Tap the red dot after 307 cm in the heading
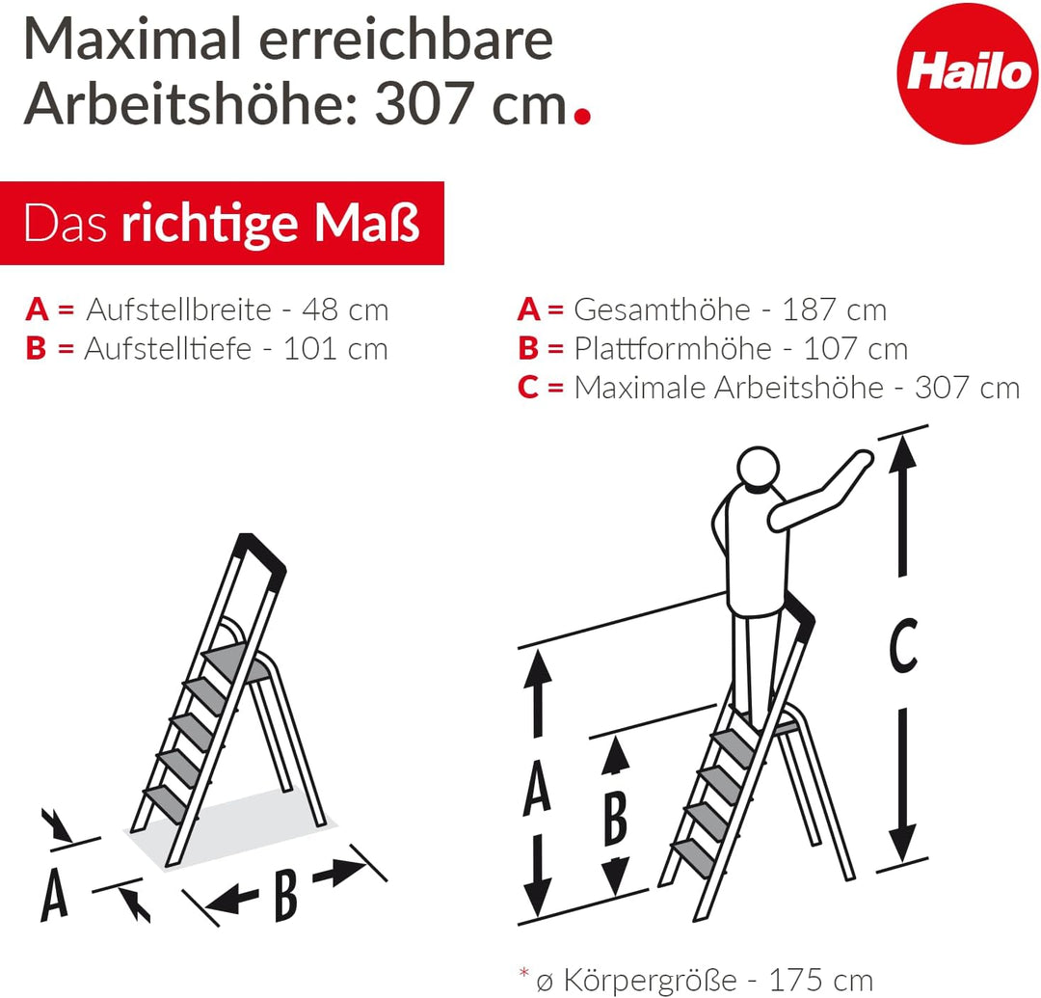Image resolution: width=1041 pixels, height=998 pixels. [x=581, y=117]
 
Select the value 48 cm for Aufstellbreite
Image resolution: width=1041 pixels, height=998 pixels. [x=344, y=310]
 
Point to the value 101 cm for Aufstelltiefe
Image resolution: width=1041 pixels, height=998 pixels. [x=334, y=349]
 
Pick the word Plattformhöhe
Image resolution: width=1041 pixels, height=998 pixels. [x=673, y=349]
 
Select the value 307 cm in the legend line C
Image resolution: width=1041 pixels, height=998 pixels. [x=967, y=388]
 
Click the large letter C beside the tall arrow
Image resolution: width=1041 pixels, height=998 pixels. [x=902, y=646]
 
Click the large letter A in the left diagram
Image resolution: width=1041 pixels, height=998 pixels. [x=55, y=896]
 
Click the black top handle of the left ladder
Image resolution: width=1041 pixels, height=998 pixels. [x=262, y=556]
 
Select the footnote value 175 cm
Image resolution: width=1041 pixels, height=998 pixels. [x=823, y=980]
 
